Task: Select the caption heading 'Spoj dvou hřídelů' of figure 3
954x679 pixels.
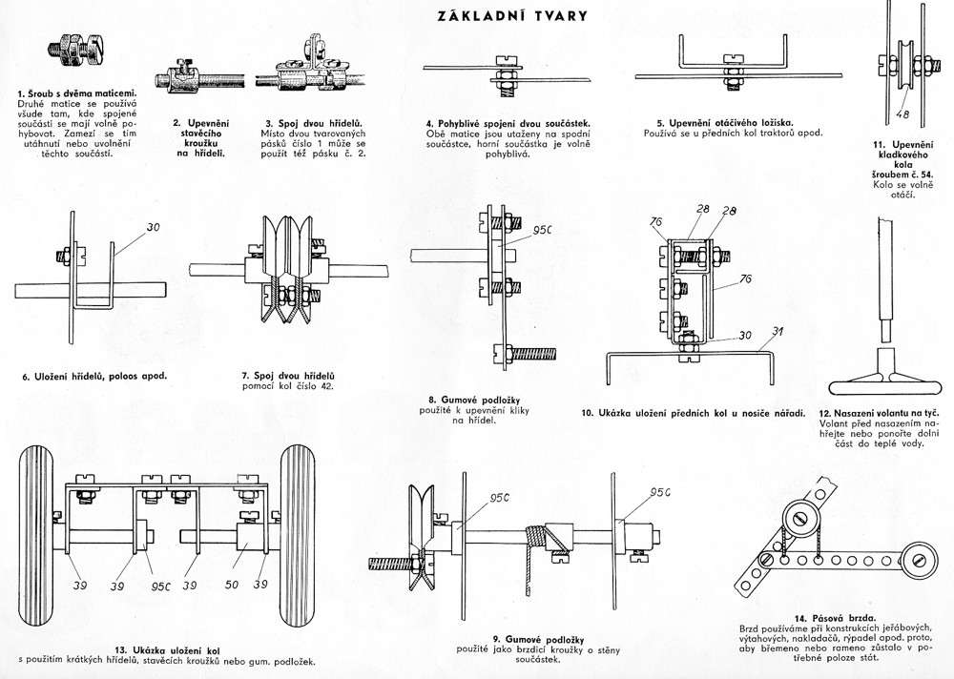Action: [315, 123]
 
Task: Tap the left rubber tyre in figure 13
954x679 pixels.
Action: [39, 534]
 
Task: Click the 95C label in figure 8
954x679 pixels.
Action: [544, 230]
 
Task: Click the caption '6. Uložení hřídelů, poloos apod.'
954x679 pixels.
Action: [95, 376]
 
